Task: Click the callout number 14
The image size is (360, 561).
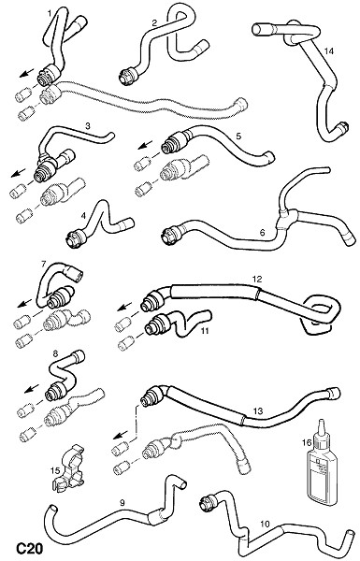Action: click(329, 51)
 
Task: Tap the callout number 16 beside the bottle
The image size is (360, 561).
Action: click(307, 442)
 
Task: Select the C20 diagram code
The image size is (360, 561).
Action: click(30, 549)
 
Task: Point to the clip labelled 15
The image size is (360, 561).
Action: click(70, 468)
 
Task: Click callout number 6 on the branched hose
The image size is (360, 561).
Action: click(262, 233)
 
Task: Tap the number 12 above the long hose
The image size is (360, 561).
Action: click(257, 279)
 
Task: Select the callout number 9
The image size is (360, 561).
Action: click(122, 503)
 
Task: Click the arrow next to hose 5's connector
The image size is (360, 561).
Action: click(145, 146)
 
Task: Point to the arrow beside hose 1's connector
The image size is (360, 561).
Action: click(26, 73)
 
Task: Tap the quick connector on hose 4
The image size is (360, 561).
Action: click(77, 237)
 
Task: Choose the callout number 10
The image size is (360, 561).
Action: click(265, 525)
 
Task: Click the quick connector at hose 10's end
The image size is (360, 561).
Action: click(209, 502)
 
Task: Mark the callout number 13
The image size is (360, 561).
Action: click(258, 411)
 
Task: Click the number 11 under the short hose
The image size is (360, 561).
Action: click(205, 331)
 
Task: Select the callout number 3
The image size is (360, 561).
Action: click(88, 125)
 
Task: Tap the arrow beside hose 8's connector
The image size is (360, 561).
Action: click(31, 388)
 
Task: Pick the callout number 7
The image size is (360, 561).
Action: click(43, 264)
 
